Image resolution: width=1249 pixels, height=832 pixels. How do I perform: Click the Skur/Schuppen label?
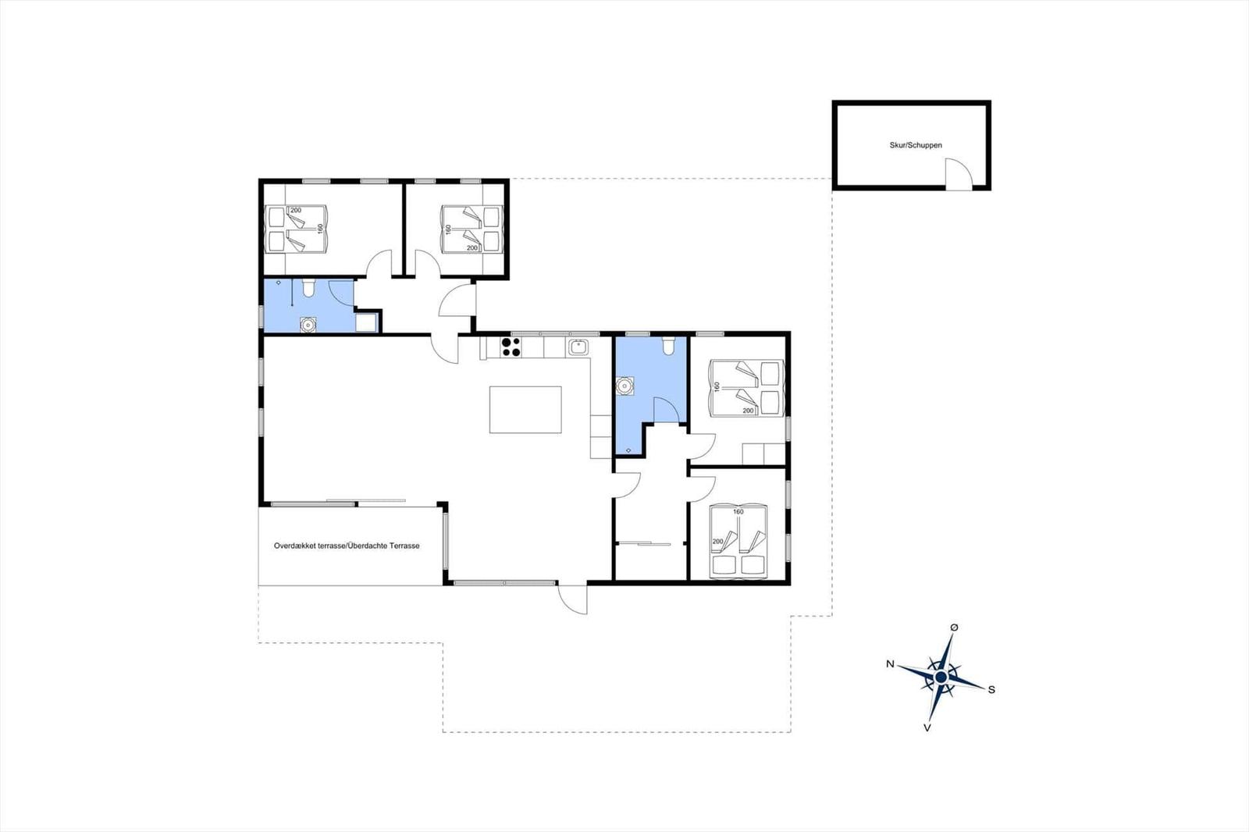click(x=916, y=145)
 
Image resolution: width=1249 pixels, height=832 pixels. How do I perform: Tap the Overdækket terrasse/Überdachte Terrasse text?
click(x=347, y=546)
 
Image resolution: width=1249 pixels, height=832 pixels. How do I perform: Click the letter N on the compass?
click(x=891, y=663)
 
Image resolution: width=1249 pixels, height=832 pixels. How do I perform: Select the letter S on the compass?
click(x=991, y=690)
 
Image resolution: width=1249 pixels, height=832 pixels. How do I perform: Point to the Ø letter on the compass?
click(x=954, y=628)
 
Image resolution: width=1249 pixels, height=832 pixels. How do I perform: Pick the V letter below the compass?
click(x=927, y=727)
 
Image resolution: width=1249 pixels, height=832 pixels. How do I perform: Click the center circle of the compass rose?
click(x=941, y=677)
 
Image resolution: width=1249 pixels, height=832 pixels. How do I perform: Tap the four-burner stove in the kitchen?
click(x=511, y=347)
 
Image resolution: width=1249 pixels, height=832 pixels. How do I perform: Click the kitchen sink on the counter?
click(x=578, y=347)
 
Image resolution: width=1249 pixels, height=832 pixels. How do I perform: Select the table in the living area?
click(x=525, y=409)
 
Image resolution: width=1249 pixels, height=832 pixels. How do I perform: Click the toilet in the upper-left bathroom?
click(x=308, y=288)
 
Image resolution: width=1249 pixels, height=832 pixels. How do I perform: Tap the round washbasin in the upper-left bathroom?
click(x=308, y=325)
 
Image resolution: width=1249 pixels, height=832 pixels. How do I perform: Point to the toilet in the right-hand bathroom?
click(x=668, y=346)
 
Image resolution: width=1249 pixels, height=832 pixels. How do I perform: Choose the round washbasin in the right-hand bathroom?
click(x=624, y=386)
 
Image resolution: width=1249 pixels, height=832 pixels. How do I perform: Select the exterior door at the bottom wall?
click(x=572, y=598)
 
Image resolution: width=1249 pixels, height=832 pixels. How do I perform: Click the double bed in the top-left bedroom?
click(x=296, y=229)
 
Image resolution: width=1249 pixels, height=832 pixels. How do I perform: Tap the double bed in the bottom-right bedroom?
click(x=738, y=542)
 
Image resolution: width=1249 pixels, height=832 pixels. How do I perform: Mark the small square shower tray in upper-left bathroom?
click(x=366, y=323)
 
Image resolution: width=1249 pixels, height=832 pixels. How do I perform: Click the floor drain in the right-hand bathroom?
click(x=628, y=450)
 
